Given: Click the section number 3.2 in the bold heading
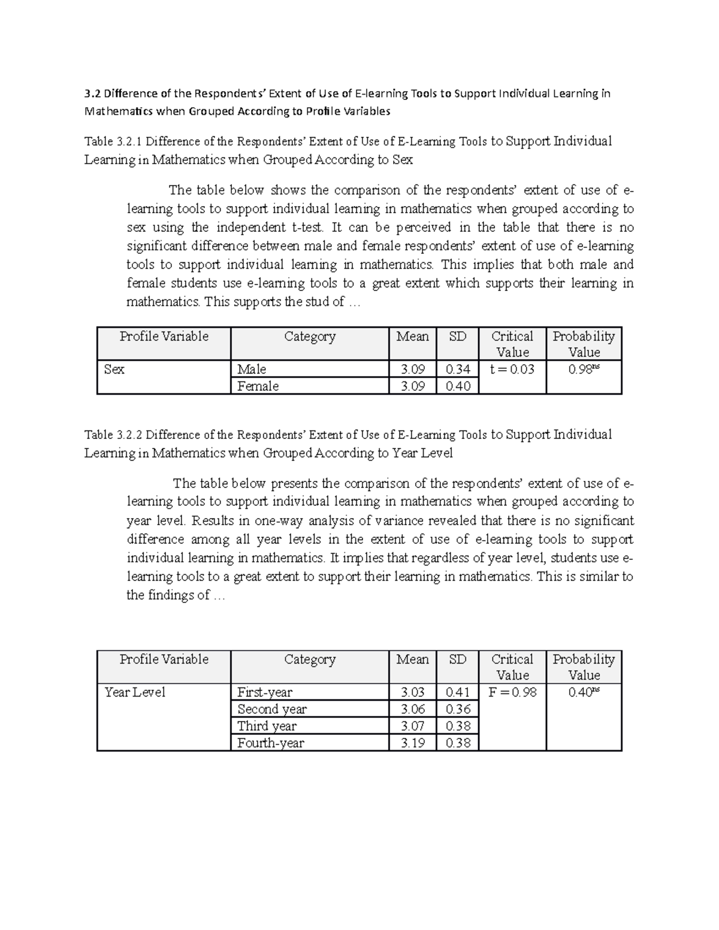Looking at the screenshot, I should coord(93,93).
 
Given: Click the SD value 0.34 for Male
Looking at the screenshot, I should coord(458,369).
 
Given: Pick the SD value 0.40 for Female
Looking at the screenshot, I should coord(458,386).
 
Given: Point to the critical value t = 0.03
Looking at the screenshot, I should coord(512,369).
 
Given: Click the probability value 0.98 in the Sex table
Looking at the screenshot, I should coord(583,369).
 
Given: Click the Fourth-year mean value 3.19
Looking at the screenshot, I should coord(412,743).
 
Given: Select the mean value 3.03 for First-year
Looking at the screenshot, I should coord(412,692).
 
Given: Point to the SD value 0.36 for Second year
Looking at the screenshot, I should coord(458,709).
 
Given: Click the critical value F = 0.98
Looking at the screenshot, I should coord(512,692).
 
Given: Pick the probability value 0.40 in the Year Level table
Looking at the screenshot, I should coord(583,692).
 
